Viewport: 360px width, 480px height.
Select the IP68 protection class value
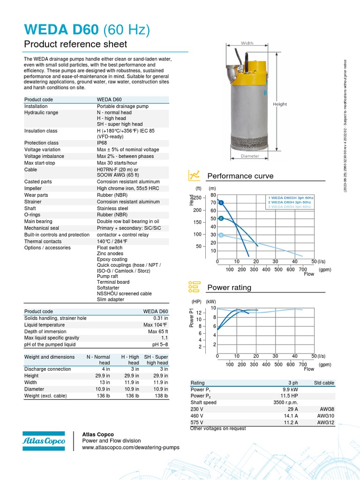point(103,143)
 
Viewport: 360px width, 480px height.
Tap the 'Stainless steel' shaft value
point(112,208)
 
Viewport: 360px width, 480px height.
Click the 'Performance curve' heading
point(240,176)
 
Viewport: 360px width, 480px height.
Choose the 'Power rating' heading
point(229,287)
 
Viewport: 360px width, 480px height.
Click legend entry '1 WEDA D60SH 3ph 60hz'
point(291,198)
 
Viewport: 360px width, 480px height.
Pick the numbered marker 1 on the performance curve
point(221,202)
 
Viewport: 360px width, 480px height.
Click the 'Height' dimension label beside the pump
point(280,104)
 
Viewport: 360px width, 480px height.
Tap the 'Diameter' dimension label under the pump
point(250,156)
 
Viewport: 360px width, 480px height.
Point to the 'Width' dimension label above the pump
point(247,43)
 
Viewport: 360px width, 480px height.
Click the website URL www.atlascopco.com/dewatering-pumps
point(131,447)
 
